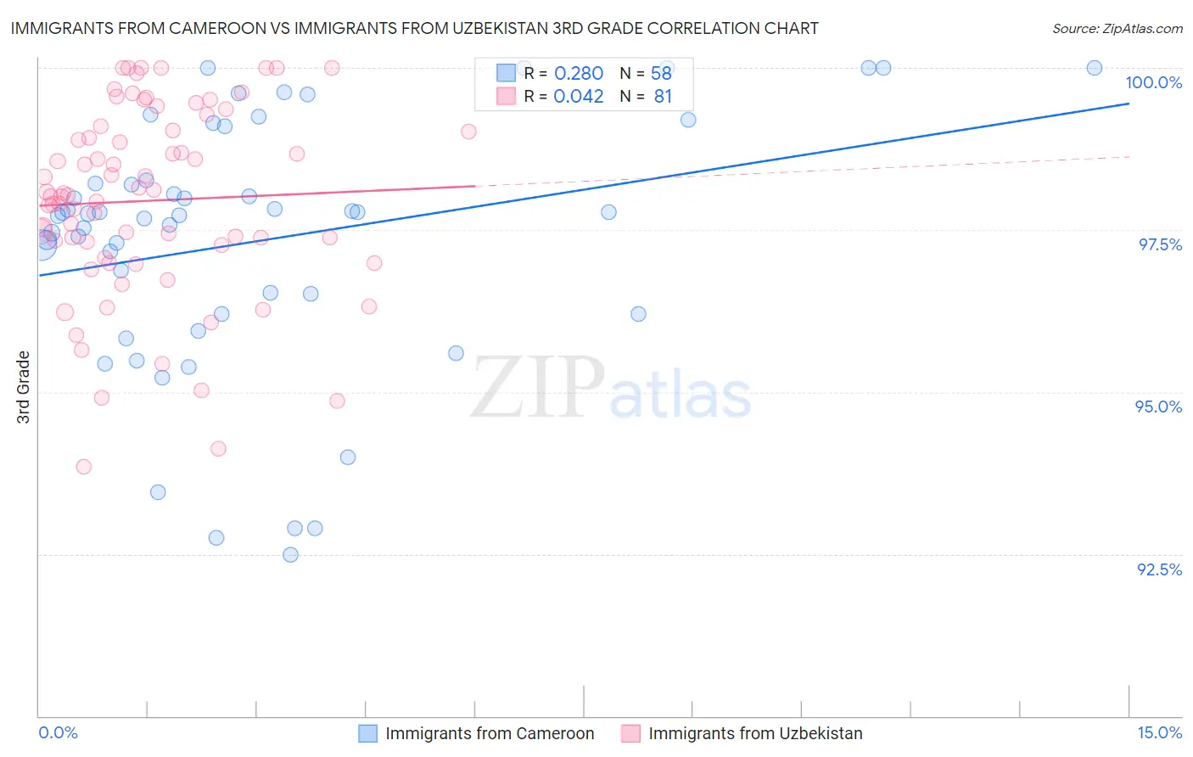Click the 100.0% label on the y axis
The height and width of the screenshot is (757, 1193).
[1153, 82]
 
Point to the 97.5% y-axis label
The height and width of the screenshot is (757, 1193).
[1160, 244]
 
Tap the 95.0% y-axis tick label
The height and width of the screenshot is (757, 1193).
[1158, 407]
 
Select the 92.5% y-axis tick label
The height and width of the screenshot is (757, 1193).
[1159, 569]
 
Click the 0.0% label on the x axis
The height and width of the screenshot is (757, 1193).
[58, 733]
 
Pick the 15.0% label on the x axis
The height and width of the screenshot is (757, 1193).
[1159, 733]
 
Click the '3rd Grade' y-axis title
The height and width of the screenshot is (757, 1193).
[24, 387]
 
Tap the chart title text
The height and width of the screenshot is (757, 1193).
[415, 28]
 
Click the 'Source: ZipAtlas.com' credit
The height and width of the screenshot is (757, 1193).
[1117, 29]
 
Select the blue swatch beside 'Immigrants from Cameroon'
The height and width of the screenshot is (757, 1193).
[367, 734]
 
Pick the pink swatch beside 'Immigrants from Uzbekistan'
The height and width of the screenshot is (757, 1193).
[630, 734]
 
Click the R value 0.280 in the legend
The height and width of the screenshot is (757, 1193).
[579, 74]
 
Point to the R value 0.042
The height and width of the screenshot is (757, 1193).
[579, 97]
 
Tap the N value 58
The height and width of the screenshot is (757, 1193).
[661, 74]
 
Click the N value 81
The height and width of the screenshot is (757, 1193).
[663, 97]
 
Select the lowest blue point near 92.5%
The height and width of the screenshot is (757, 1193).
[290, 555]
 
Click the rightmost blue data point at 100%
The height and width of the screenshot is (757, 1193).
[1095, 68]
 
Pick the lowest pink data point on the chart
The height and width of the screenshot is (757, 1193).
[83, 467]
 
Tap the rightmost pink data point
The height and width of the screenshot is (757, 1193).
[468, 132]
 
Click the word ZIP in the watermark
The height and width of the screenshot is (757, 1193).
[538, 387]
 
